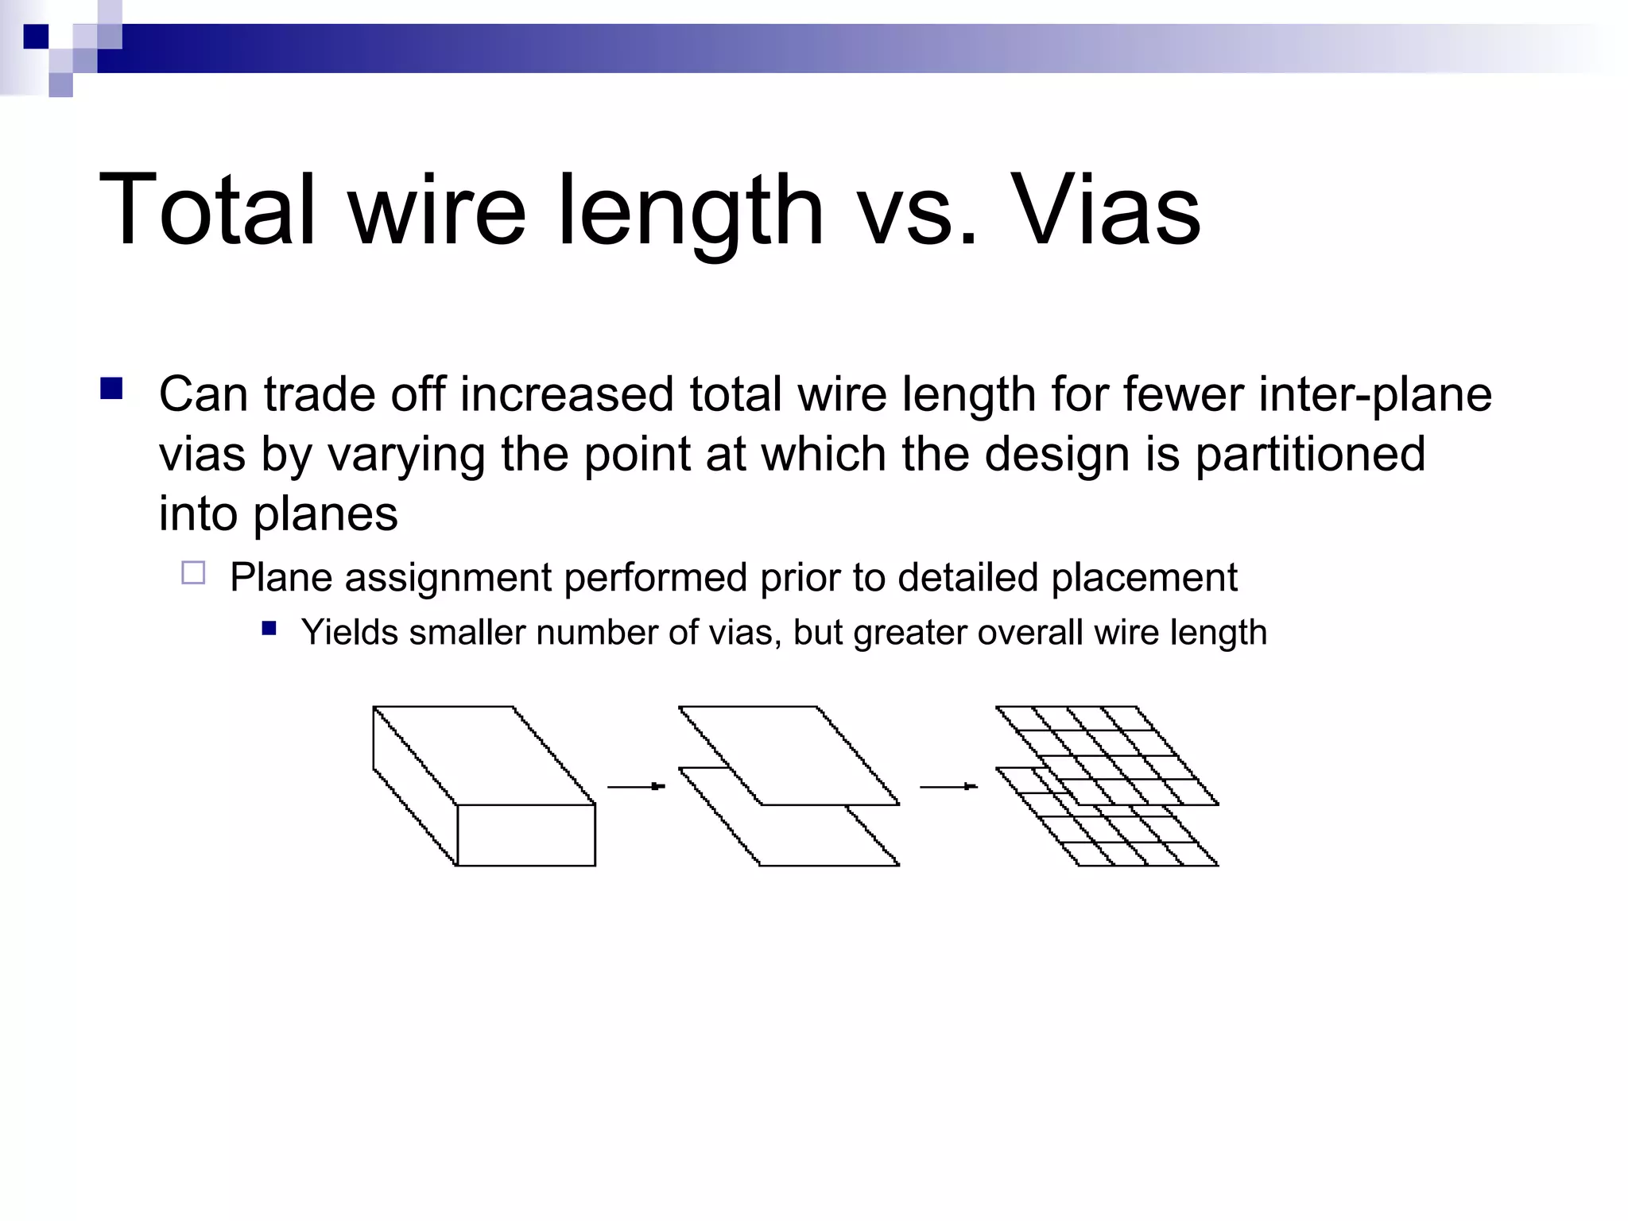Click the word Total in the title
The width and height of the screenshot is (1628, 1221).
[x=207, y=211]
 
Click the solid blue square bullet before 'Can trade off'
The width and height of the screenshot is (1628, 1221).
[x=111, y=389]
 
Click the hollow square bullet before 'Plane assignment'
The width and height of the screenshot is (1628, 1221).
[x=193, y=573]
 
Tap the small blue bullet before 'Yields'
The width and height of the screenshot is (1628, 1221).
[x=269, y=629]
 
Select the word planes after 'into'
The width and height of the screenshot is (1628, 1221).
[x=325, y=515]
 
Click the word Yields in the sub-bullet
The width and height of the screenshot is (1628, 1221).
[x=349, y=633]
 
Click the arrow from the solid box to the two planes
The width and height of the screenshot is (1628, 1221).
[x=636, y=786]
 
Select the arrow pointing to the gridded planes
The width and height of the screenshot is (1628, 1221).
[x=948, y=786]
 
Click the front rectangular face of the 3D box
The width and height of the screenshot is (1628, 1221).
[x=526, y=835]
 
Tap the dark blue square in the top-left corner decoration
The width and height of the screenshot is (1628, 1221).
[x=36, y=37]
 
